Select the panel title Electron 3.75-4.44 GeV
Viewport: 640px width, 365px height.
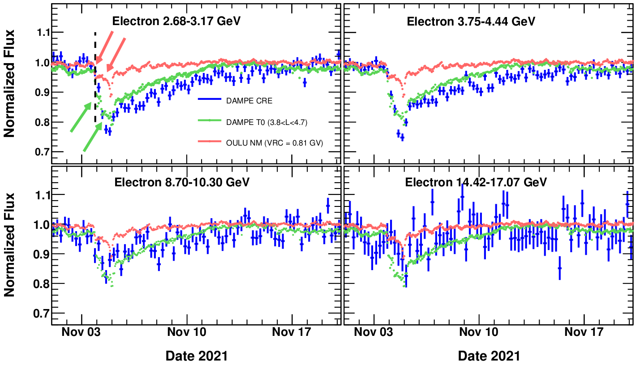click(471, 21)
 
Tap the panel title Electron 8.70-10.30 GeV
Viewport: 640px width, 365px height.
click(182, 182)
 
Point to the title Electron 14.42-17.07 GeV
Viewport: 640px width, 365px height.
click(476, 182)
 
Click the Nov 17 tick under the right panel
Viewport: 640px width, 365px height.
click(584, 332)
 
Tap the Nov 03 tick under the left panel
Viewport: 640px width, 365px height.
click(82, 332)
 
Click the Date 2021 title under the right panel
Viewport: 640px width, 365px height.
click(489, 356)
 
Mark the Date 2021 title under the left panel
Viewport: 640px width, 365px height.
click(197, 356)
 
